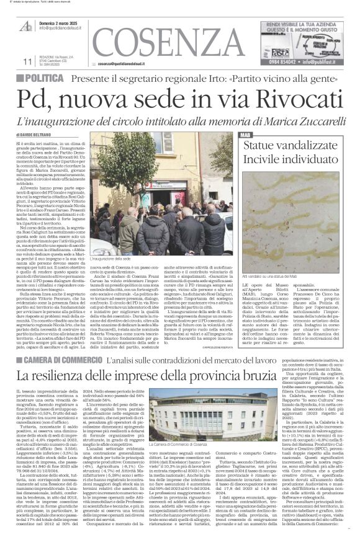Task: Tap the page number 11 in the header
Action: coord(27,61)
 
